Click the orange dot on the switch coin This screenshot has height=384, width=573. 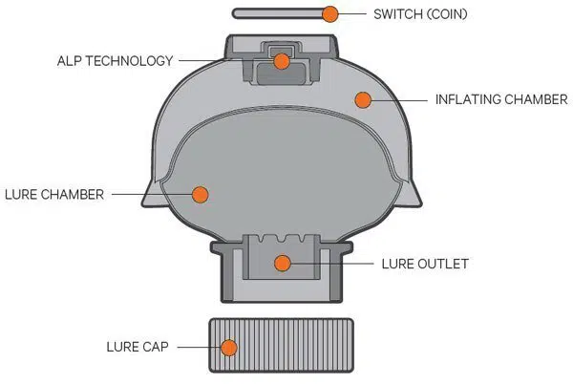(x=330, y=14)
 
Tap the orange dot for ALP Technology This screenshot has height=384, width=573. (x=282, y=61)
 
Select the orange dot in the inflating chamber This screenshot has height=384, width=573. (x=363, y=99)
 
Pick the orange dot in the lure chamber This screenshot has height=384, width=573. (x=201, y=195)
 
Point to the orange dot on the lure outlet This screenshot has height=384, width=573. (x=283, y=263)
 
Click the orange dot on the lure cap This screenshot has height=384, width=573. (x=229, y=348)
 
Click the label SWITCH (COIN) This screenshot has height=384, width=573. (x=420, y=14)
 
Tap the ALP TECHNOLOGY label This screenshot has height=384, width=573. (x=116, y=60)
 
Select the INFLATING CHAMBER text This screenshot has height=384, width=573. (x=501, y=99)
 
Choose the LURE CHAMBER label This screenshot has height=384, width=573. (x=54, y=194)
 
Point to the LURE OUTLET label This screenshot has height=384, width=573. (x=425, y=264)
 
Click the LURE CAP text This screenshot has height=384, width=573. (x=138, y=347)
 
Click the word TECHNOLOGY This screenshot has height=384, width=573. (x=129, y=60)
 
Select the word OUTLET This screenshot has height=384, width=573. (x=443, y=264)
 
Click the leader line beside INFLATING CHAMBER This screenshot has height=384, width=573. (x=399, y=100)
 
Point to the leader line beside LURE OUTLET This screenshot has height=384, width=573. (x=331, y=264)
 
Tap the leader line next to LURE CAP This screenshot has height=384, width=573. (x=200, y=347)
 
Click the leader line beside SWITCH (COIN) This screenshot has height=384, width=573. (x=352, y=14)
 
